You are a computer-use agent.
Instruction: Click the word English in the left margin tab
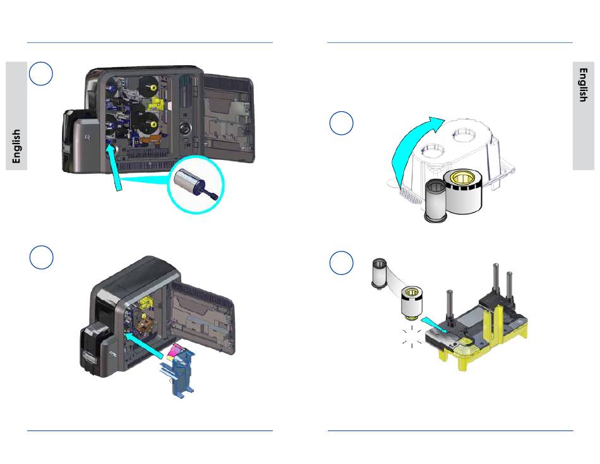pos(16,147)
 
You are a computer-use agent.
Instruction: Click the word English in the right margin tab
pos(583,85)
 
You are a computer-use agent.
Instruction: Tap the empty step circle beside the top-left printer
pos(41,73)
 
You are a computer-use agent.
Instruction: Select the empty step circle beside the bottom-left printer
pos(41,257)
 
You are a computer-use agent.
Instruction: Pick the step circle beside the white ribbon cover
pos(341,123)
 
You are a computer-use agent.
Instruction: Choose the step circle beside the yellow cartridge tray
pos(341,263)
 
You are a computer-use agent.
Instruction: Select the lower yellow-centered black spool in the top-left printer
pos(147,124)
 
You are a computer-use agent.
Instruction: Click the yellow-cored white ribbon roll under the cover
pos(463,191)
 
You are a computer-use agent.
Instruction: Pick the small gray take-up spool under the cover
pos(435,200)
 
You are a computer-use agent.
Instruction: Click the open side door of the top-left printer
pos(228,117)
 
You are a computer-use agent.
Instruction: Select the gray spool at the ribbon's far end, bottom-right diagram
pos(380,273)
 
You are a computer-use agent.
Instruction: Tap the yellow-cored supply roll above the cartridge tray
pos(411,303)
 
